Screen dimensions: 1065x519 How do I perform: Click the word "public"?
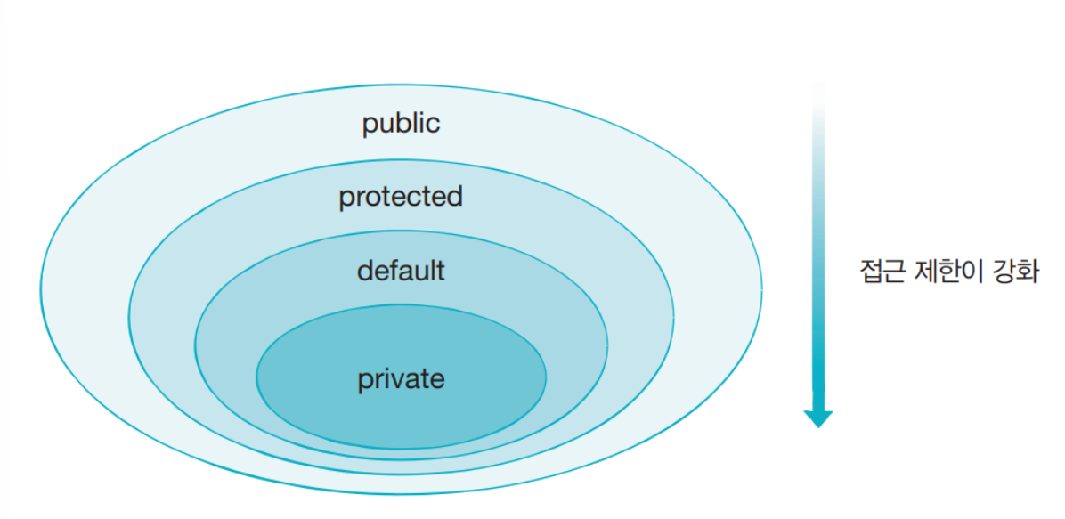coord(401,123)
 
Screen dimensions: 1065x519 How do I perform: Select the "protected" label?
coord(401,196)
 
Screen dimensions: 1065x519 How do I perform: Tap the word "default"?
coord(401,270)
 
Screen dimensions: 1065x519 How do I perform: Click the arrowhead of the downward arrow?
coord(817,418)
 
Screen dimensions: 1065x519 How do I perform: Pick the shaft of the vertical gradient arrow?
coord(817,267)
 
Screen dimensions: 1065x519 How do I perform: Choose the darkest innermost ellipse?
coord(401,410)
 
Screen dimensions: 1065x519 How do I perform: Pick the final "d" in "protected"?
coord(455,196)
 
